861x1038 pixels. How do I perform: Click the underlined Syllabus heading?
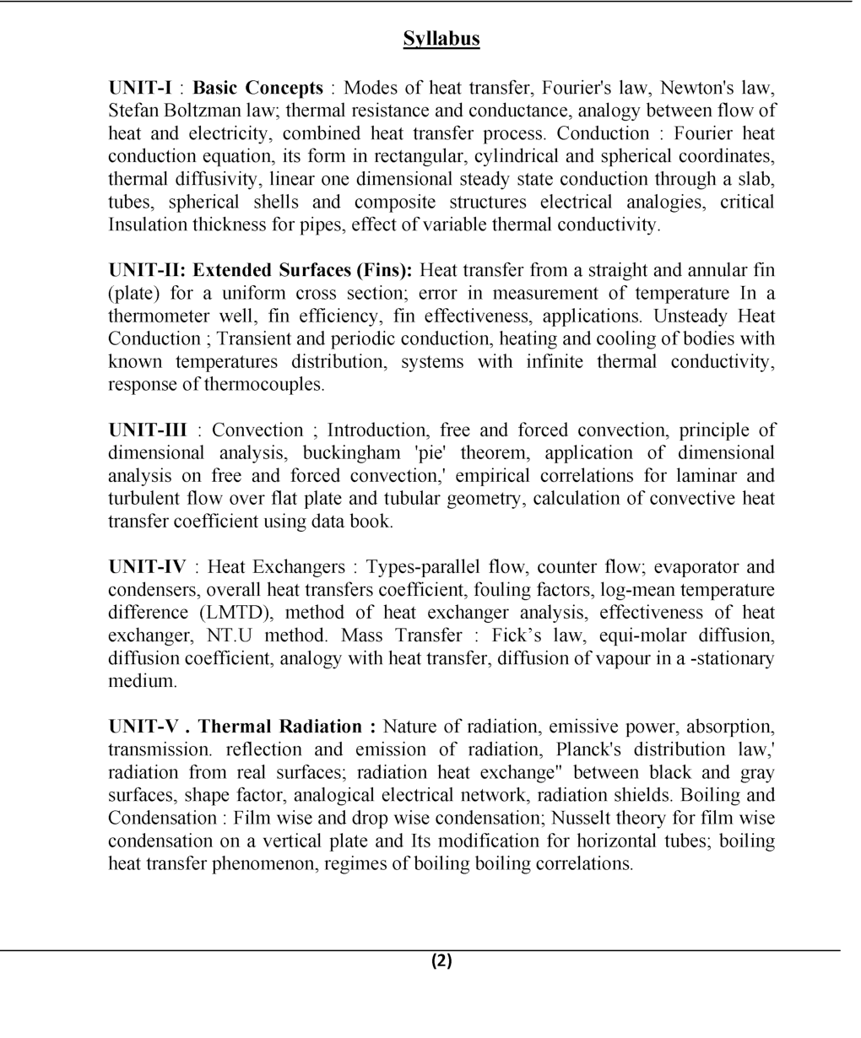point(441,39)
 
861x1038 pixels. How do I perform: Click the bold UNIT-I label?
point(140,88)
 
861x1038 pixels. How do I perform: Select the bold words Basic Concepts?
point(257,88)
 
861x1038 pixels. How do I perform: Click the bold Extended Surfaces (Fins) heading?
point(302,270)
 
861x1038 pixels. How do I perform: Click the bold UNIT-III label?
point(148,430)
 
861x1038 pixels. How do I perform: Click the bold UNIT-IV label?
point(147,566)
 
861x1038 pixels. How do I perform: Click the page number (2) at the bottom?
point(441,960)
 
